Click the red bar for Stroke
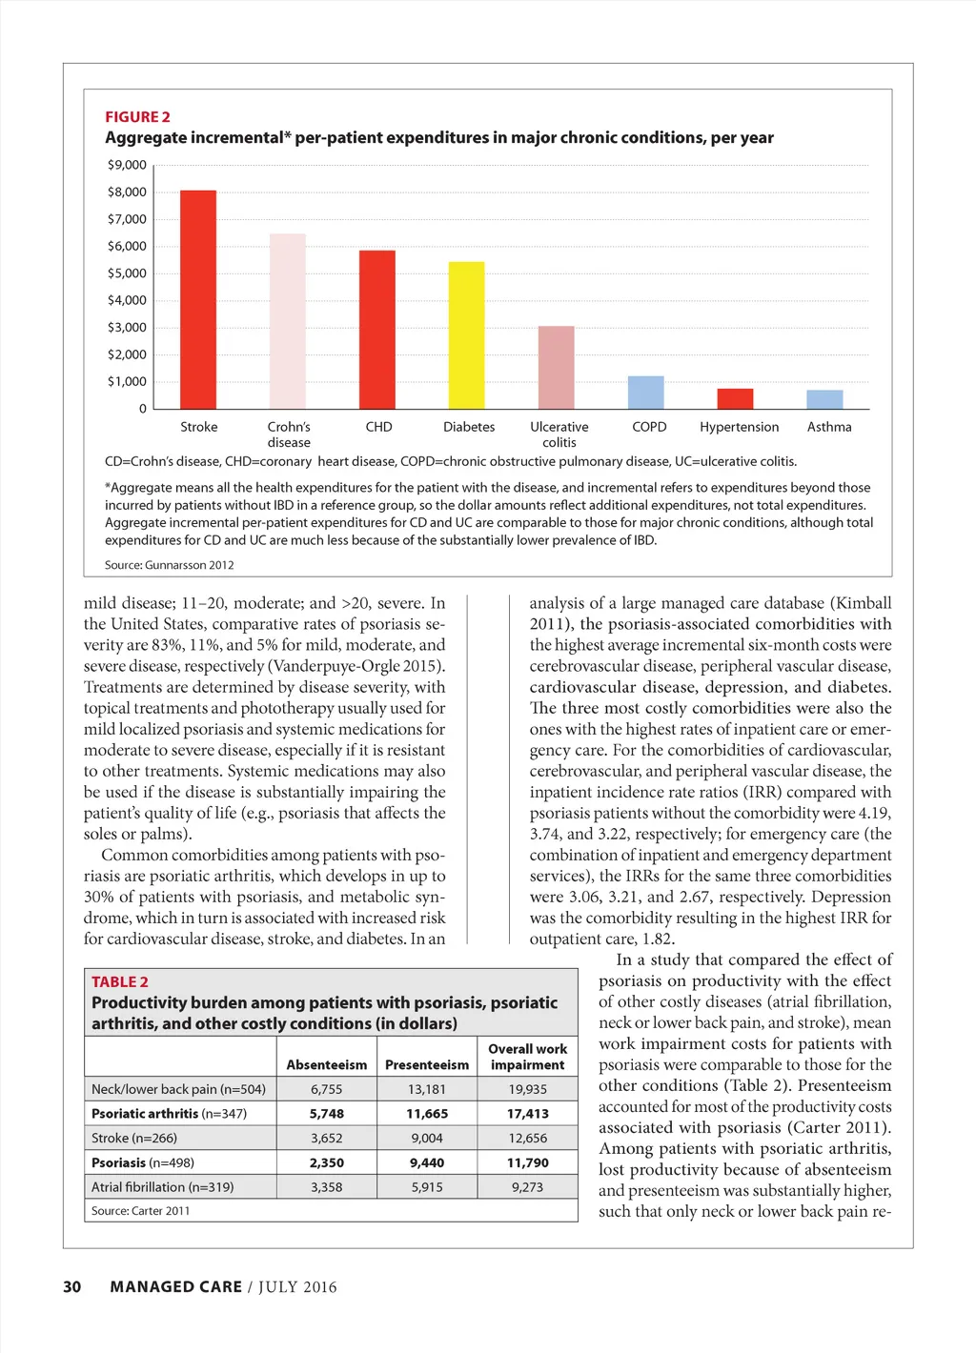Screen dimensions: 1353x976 198,299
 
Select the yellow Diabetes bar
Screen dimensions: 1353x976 466,334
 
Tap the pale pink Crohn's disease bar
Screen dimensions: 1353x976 287,321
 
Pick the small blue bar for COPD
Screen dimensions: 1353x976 645,393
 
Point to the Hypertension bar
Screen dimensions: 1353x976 735,398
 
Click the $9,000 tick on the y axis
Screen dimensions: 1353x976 127,165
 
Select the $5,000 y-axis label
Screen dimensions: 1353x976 127,273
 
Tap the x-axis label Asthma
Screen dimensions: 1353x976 829,427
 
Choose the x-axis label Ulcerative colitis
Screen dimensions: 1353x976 559,434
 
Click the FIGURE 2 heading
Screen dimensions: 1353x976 137,117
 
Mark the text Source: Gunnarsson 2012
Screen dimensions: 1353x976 169,565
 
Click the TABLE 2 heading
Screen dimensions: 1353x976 120,982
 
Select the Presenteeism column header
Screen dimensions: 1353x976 427,1065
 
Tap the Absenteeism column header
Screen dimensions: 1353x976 326,1065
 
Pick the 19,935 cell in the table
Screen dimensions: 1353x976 527,1089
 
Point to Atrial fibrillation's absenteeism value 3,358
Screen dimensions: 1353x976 326,1187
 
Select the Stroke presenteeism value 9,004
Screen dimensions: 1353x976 427,1139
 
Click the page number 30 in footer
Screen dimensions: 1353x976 72,1287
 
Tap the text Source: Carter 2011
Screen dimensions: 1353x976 140,1211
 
